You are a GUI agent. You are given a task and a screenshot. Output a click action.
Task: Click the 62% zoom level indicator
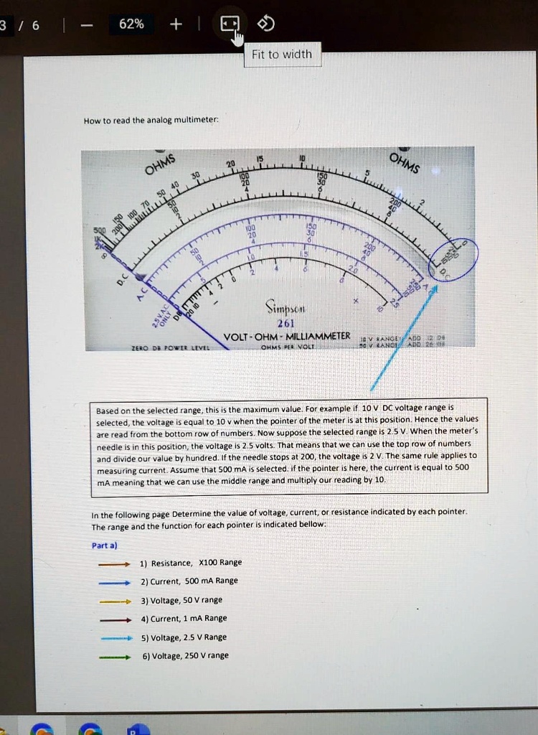[x=131, y=24]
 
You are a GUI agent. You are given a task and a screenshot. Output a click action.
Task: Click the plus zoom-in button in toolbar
[x=176, y=24]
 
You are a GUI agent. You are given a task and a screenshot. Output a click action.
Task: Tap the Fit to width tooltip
[x=283, y=55]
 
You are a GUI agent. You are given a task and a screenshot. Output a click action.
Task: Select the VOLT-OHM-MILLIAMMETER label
[x=287, y=336]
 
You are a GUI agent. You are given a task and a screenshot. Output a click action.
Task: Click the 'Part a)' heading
[x=105, y=546]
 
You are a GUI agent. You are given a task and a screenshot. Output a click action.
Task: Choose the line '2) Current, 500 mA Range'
[x=189, y=581]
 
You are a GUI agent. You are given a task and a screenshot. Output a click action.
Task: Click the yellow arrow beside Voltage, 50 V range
[x=113, y=600]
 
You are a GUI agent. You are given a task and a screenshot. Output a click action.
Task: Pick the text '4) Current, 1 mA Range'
[x=184, y=618]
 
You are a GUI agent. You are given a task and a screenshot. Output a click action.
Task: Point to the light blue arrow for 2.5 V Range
[x=113, y=637]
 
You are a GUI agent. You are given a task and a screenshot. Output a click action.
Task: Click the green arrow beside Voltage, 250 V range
[x=113, y=655]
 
